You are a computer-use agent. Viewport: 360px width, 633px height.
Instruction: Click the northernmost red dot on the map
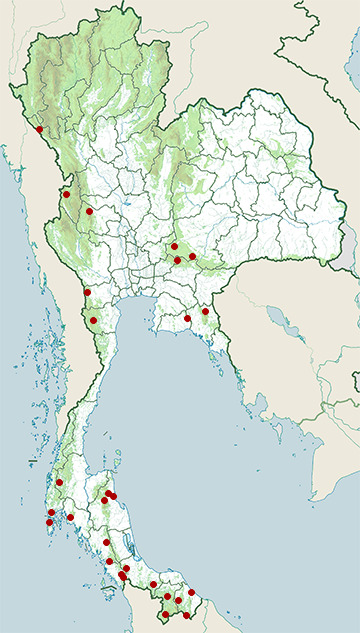click(39, 129)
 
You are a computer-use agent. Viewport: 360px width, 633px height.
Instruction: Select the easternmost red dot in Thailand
click(205, 311)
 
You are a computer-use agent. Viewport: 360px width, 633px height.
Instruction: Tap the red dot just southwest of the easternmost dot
click(188, 319)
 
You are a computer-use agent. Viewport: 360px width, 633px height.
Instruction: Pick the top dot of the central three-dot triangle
click(174, 246)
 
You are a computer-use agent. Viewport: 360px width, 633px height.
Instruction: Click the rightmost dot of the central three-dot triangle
click(192, 257)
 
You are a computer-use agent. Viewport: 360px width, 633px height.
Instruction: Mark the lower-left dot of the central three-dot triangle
click(177, 261)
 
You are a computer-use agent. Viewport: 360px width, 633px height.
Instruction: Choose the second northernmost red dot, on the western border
click(66, 194)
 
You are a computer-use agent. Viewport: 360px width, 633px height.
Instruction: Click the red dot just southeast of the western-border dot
click(89, 211)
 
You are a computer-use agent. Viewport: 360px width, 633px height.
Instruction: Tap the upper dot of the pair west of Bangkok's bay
click(88, 292)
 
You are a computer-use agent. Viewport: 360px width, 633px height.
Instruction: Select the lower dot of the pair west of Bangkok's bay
click(93, 321)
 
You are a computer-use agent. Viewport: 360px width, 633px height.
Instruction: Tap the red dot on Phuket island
click(49, 522)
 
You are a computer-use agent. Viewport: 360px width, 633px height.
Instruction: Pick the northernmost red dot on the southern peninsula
click(59, 483)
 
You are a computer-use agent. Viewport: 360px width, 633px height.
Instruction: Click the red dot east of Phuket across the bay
click(70, 517)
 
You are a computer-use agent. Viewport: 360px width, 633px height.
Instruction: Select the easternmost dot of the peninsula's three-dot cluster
click(114, 496)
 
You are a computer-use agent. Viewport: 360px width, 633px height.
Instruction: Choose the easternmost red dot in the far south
click(192, 592)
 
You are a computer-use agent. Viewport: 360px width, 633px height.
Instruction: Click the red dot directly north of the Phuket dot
click(51, 512)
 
